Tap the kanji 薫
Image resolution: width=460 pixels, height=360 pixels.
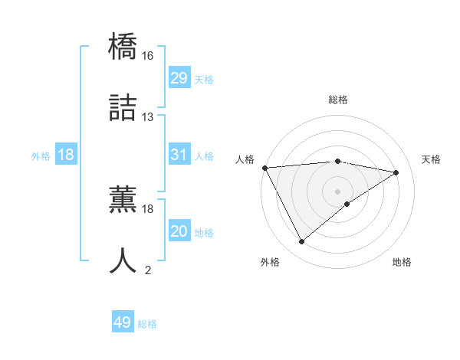(x=123, y=198)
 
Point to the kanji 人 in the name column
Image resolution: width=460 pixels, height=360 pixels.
(x=123, y=260)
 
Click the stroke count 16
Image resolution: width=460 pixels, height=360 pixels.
(x=148, y=56)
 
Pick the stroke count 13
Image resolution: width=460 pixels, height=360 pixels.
(x=148, y=117)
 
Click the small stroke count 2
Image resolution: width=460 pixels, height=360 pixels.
(x=148, y=270)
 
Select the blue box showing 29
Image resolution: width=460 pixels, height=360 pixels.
(x=179, y=78)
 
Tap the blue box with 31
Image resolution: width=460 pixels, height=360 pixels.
(x=179, y=155)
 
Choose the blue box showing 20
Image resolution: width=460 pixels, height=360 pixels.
(x=179, y=231)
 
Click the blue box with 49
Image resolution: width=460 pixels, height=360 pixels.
(x=123, y=322)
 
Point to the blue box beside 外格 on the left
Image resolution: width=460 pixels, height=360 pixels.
(x=66, y=155)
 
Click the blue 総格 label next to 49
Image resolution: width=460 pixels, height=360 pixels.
(x=147, y=324)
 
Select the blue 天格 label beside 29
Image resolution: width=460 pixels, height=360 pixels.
(x=204, y=80)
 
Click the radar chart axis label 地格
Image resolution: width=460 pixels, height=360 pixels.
(x=402, y=262)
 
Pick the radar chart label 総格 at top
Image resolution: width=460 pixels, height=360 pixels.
(x=337, y=100)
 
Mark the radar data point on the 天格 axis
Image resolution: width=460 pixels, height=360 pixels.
(x=396, y=172)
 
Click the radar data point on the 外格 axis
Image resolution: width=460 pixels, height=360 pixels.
(x=301, y=242)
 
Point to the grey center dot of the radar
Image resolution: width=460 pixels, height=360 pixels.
(x=337, y=191)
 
